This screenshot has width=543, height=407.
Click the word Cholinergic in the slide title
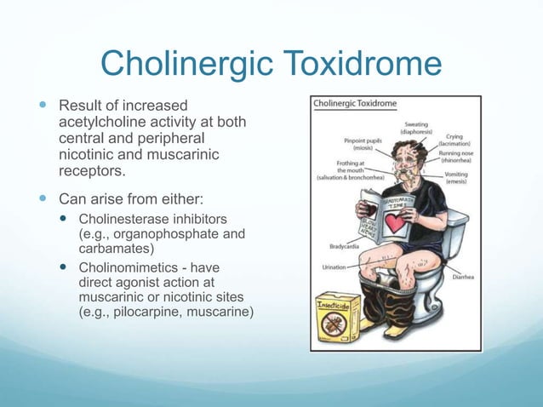176,64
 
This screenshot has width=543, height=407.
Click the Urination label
334,267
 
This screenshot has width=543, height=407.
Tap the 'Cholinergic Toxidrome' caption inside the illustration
356,104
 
